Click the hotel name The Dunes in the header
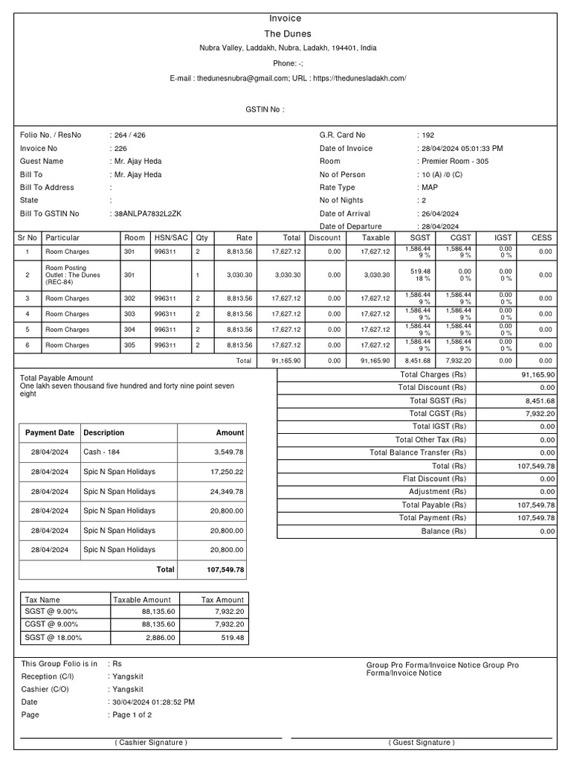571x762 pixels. pyautogui.click(x=288, y=34)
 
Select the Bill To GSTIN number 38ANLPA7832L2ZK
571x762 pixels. pyautogui.click(x=148, y=214)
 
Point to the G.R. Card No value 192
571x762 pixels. pyautogui.click(x=428, y=135)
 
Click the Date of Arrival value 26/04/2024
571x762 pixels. pyautogui.click(x=439, y=214)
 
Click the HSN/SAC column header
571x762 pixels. pyautogui.click(x=171, y=238)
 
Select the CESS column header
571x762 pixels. pyautogui.click(x=541, y=238)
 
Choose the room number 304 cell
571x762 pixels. pyautogui.click(x=131, y=330)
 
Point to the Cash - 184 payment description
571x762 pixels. pyautogui.click(x=103, y=452)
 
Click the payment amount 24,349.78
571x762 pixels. pyautogui.click(x=227, y=492)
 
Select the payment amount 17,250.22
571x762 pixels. pyautogui.click(x=227, y=472)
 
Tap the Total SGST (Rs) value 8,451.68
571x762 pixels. pyautogui.click(x=540, y=400)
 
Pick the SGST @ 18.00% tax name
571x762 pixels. pyautogui.click(x=54, y=638)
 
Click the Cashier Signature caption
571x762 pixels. pyautogui.click(x=151, y=743)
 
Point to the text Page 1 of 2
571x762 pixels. pyautogui.click(x=132, y=715)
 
